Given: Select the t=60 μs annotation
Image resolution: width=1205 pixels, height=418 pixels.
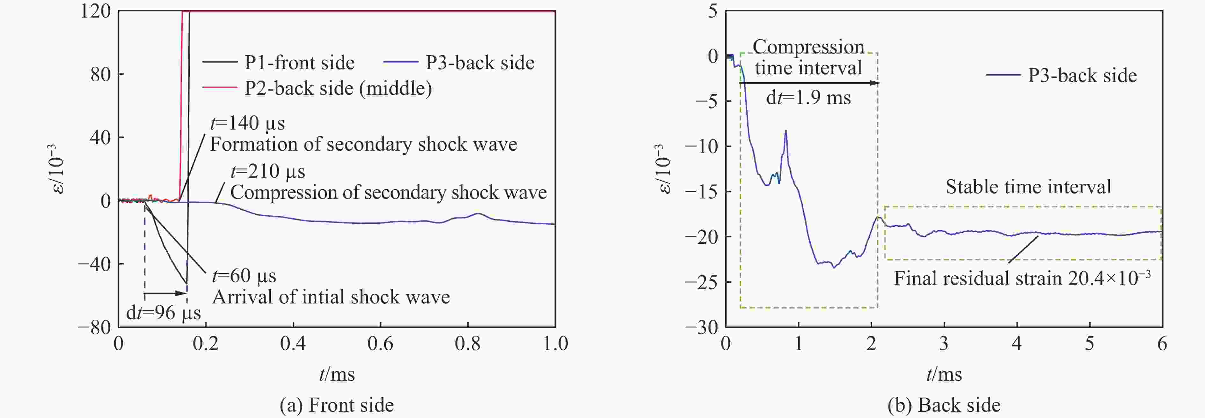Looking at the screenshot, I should (x=244, y=276).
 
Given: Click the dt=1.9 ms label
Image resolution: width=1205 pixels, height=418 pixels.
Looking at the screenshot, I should (x=808, y=98).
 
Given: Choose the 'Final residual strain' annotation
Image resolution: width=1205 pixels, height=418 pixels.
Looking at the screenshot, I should (x=1022, y=278).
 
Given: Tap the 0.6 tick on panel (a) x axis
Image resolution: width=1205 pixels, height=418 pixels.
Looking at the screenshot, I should (x=380, y=344).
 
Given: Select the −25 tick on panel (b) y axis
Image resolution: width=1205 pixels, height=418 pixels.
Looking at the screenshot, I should (x=701, y=282).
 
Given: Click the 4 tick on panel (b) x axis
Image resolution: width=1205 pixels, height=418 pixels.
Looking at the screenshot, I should (x=1017, y=344).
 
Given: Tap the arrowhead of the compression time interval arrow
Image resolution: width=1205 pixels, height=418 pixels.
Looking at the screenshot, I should (x=875, y=83).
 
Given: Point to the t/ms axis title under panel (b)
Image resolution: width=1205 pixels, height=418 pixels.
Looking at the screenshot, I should (x=944, y=375).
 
